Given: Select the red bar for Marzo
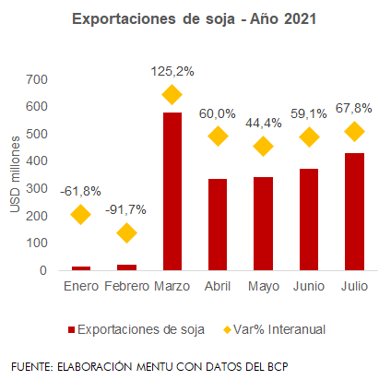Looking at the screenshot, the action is pyautogui.click(x=172, y=191).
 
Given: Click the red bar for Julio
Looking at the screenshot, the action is pyautogui.click(x=354, y=211).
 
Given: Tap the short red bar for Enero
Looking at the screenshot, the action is pyautogui.click(x=81, y=268).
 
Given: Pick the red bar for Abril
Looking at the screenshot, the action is pyautogui.click(x=218, y=224).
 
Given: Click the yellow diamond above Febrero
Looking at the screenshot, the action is pyautogui.click(x=126, y=232).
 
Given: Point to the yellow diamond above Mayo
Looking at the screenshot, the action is pyautogui.click(x=263, y=146).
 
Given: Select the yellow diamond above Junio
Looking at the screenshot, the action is pyautogui.click(x=309, y=137).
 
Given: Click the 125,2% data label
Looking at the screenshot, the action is pyautogui.click(x=172, y=72).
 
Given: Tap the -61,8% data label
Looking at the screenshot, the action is pyautogui.click(x=80, y=191).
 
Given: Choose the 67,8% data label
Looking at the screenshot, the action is pyautogui.click(x=354, y=108).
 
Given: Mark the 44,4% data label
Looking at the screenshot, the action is pyautogui.click(x=264, y=124).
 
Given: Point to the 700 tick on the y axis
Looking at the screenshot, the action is pyautogui.click(x=37, y=79).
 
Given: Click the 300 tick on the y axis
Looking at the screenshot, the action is pyautogui.click(x=37, y=188).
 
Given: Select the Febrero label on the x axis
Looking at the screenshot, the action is pyautogui.click(x=126, y=286).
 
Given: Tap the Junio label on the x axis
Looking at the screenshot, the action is pyautogui.click(x=309, y=286).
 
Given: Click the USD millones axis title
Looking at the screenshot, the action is pyautogui.click(x=15, y=174).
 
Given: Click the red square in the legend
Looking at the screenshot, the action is pyautogui.click(x=71, y=330).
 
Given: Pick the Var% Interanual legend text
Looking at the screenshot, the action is pyautogui.click(x=279, y=329).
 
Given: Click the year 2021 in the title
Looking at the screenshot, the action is pyautogui.click(x=300, y=19).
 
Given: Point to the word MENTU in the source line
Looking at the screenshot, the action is pyautogui.click(x=155, y=366).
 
